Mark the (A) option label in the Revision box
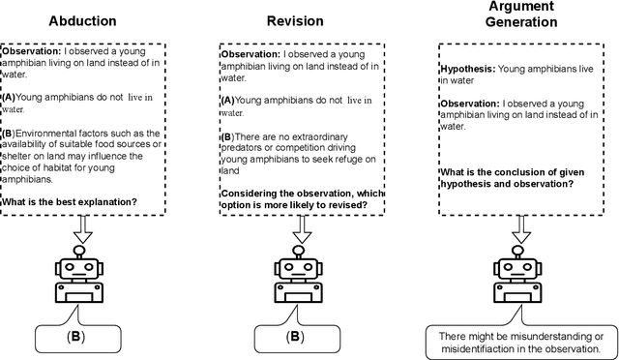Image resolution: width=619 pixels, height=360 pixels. click(x=228, y=101)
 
